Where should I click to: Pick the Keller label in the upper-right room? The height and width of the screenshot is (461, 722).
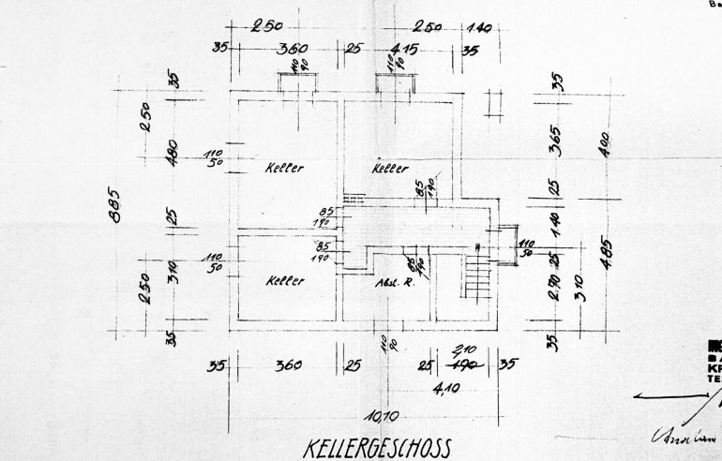390,169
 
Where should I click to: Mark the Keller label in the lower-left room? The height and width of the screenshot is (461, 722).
284,280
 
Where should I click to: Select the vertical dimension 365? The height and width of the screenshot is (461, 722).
555,143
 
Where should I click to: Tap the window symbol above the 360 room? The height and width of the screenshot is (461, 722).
295,82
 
